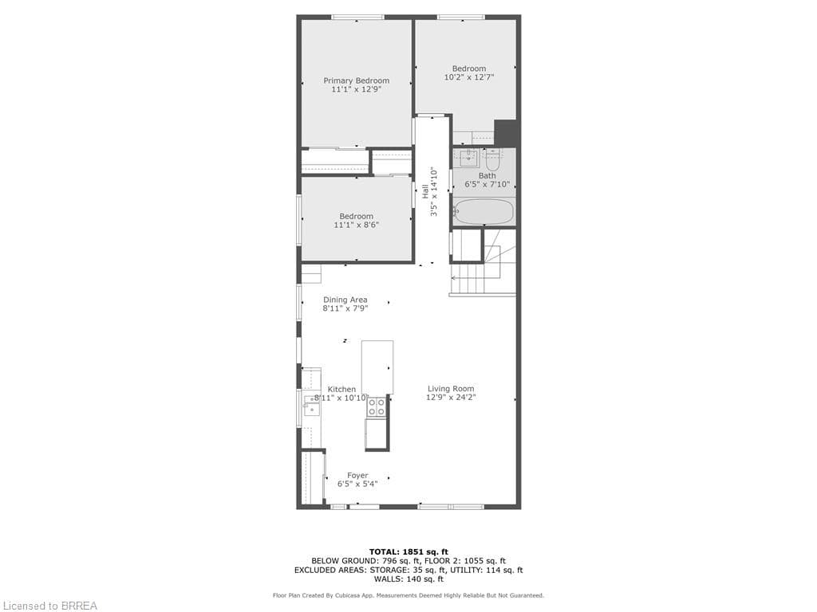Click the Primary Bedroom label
pyautogui.click(x=356, y=80)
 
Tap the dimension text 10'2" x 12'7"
pyautogui.click(x=469, y=78)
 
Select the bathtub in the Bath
pyautogui.click(x=483, y=212)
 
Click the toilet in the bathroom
pyautogui.click(x=492, y=157)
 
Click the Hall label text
pyautogui.click(x=425, y=192)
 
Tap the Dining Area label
pyautogui.click(x=345, y=300)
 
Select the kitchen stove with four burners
pyautogui.click(x=377, y=406)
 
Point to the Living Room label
pyautogui.click(x=451, y=389)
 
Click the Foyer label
pyautogui.click(x=357, y=476)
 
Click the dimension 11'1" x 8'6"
pyautogui.click(x=356, y=226)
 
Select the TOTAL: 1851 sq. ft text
pyautogui.click(x=408, y=551)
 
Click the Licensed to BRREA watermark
pyautogui.click(x=49, y=606)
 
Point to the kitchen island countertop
pyautogui.click(x=377, y=367)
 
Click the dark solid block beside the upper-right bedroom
pyautogui.click(x=506, y=132)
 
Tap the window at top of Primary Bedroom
pyautogui.click(x=357, y=18)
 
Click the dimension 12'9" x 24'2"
pyautogui.click(x=451, y=398)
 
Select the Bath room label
pyautogui.click(x=487, y=175)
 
